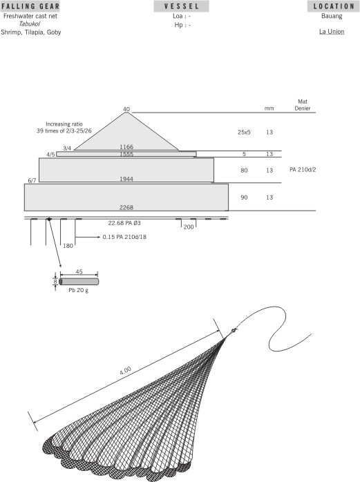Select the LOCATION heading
click(x=333, y=6)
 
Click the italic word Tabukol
click(x=30, y=23)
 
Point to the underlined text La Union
click(x=332, y=32)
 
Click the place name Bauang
click(x=332, y=15)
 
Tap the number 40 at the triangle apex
click(x=126, y=109)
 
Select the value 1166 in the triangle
click(x=126, y=146)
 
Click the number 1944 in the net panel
click(x=126, y=179)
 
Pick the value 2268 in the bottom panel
click(x=126, y=206)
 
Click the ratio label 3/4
click(x=67, y=147)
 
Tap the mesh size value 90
click(x=244, y=197)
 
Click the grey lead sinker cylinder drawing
click(x=79, y=281)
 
